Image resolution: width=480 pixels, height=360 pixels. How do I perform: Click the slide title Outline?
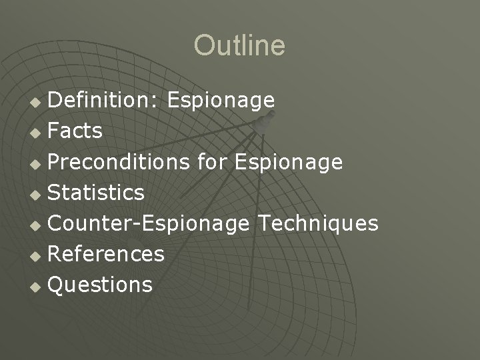click(x=239, y=46)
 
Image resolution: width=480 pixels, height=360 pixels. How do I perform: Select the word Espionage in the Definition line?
click(x=221, y=101)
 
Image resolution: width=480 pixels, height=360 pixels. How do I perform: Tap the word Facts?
click(x=75, y=131)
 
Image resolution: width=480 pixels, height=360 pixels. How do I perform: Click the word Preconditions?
click(x=119, y=162)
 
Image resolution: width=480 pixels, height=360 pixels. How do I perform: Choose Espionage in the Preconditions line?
click(x=289, y=162)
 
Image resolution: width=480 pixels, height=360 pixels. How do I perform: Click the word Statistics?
click(x=96, y=193)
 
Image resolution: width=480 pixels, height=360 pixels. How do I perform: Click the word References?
click(x=106, y=254)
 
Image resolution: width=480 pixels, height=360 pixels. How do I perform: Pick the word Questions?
click(x=100, y=285)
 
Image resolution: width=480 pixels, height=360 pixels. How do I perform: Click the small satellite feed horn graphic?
click(x=267, y=121)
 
